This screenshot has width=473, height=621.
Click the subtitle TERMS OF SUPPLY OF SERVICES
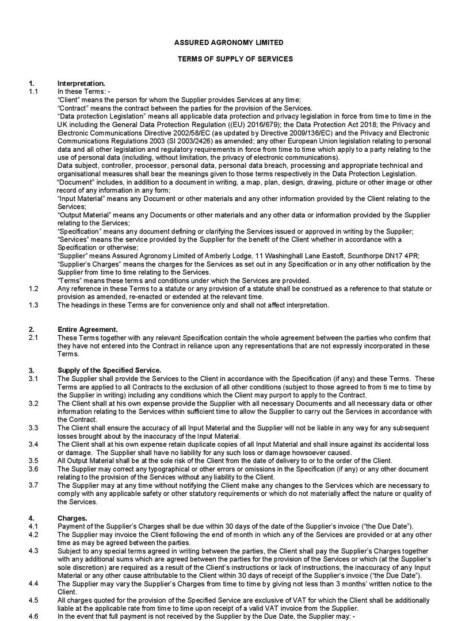(x=235, y=59)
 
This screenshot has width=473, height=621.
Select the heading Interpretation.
(x=81, y=84)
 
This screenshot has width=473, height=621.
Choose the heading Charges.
(x=72, y=519)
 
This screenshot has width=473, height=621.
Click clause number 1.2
(x=33, y=289)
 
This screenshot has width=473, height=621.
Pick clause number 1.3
(x=33, y=305)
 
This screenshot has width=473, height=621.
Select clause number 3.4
(x=33, y=445)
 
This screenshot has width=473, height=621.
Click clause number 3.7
(x=33, y=485)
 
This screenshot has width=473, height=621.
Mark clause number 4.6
(x=33, y=616)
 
